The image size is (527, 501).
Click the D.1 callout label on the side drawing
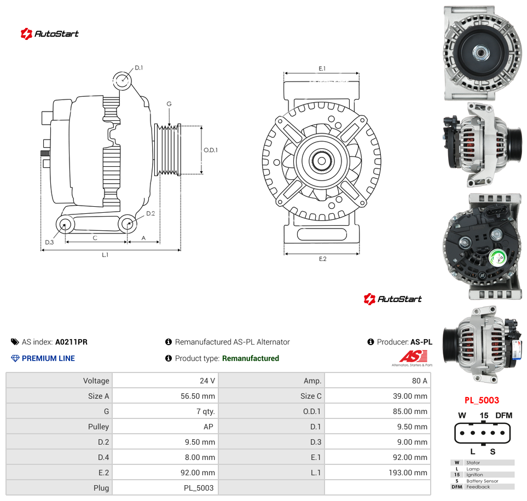coord(139,68)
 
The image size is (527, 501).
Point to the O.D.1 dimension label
coord(211,150)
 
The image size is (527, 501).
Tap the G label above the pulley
coord(169,104)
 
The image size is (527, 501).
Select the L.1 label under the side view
coord(105,255)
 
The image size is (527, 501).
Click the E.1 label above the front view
coord(322,68)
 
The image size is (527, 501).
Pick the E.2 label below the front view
coord(323,259)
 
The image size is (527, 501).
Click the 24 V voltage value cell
coord(207,381)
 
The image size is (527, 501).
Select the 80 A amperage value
coord(419,381)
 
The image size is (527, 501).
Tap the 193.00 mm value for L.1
coord(408,473)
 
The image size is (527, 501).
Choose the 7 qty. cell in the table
coord(206,411)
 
